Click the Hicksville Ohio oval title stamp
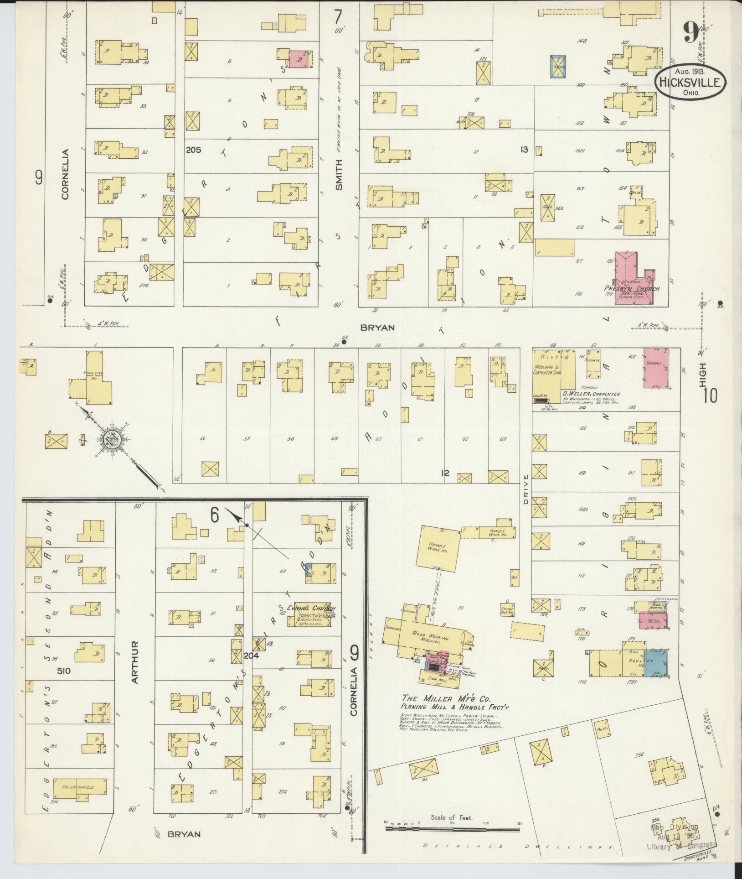pos(688,83)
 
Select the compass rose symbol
pos(111,439)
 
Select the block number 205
pos(193,149)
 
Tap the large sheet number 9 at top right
pos(691,33)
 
